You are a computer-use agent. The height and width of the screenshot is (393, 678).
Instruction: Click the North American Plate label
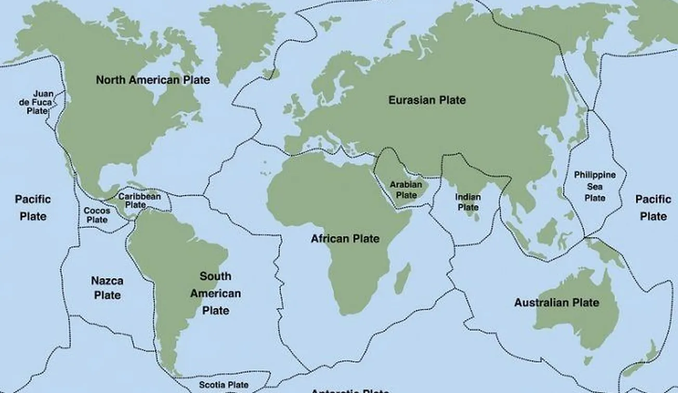tap(153, 80)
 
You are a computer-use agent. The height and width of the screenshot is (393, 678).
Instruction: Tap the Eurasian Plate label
tap(427, 100)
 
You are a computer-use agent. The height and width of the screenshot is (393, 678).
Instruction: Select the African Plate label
tap(345, 239)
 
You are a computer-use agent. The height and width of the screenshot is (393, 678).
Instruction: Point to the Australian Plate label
tap(556, 302)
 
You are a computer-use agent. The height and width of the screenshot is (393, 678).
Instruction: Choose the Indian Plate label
tap(467, 202)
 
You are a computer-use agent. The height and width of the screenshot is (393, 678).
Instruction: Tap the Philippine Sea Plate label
tap(595, 186)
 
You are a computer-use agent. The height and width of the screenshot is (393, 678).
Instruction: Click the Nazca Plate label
tap(108, 288)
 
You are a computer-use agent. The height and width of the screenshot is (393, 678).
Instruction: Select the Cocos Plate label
tap(97, 215)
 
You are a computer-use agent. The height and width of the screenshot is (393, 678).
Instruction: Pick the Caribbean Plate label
tap(139, 200)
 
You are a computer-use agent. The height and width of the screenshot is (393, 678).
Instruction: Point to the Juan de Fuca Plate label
tap(36, 102)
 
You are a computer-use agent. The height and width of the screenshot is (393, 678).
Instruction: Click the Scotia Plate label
tap(224, 385)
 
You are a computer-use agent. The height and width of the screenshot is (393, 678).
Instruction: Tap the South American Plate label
tap(215, 293)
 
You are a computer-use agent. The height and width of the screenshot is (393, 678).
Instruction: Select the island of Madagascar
tap(402, 278)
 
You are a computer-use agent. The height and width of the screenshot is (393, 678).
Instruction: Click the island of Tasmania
tap(588, 360)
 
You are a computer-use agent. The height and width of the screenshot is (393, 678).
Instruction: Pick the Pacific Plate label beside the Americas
tap(33, 207)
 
